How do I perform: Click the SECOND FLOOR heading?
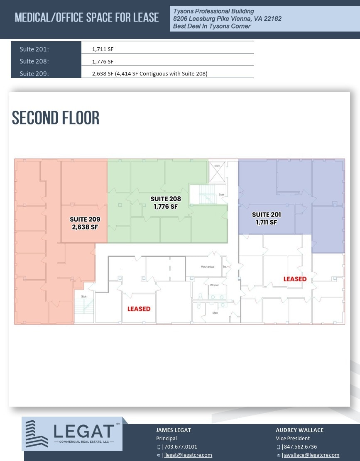56,118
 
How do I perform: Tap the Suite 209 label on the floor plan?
85,223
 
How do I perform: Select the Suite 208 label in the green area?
166,202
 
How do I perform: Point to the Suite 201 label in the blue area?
267,218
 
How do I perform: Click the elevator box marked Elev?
217,172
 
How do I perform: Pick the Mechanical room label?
207,266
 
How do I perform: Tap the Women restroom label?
214,285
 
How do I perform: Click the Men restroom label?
215,312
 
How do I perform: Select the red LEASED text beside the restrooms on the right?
295,279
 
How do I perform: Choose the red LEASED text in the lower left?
139,309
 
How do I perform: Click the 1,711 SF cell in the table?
103,49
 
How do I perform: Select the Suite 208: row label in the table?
34,61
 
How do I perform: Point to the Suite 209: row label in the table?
34,74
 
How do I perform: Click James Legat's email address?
188,455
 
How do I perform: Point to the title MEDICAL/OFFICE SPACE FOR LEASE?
87,17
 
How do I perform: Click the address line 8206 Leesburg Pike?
227,19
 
